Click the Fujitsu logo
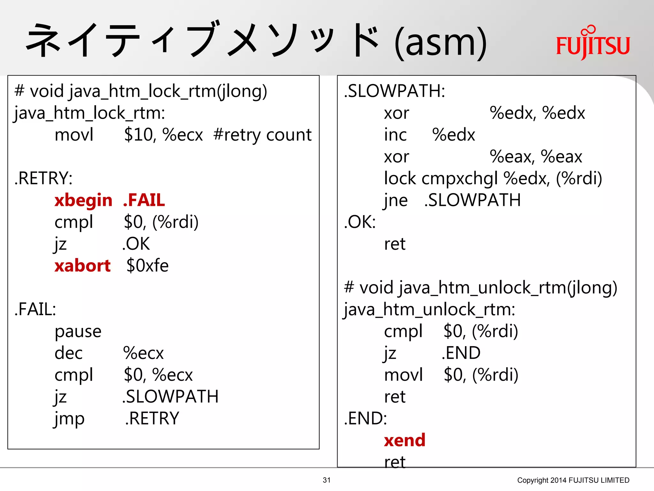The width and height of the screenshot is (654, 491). [x=593, y=43]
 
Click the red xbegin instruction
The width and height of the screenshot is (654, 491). [x=83, y=201]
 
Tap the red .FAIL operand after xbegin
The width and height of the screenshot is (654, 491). [x=144, y=200]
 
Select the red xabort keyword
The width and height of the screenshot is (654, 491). [x=82, y=266]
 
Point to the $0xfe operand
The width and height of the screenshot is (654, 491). [x=147, y=266]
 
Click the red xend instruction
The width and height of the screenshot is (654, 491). [x=405, y=440]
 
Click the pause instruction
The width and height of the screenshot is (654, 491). [x=78, y=331]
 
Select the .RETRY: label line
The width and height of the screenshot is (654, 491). [x=43, y=178]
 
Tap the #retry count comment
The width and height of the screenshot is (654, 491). [x=262, y=135]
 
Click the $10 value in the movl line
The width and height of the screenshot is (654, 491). [x=138, y=135]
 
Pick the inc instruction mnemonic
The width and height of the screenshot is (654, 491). [x=395, y=135]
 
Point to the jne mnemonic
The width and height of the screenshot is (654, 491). [x=396, y=201]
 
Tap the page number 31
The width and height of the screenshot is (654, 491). [x=327, y=480]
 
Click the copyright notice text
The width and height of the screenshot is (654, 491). [x=573, y=480]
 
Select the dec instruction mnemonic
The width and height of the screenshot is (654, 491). [x=69, y=353]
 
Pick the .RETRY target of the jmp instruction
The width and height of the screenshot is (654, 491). [x=152, y=418]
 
